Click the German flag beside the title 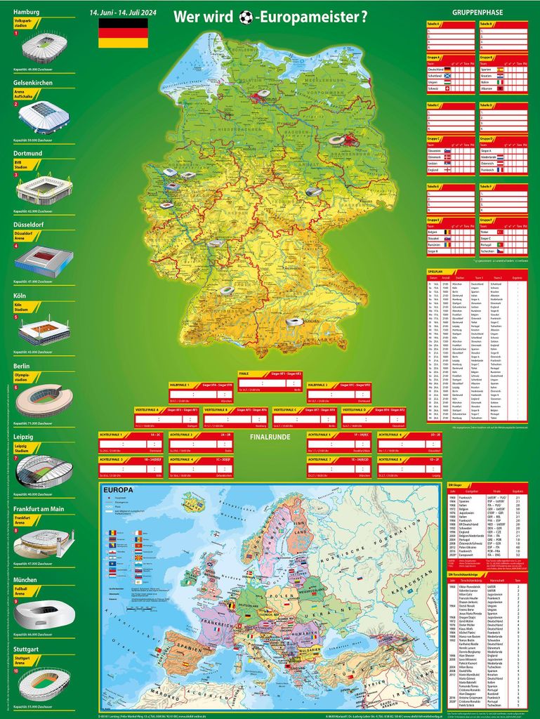point(123,33)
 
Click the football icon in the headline point(246,18)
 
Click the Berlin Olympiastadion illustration point(44,400)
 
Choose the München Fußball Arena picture point(44,614)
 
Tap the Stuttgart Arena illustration point(44,684)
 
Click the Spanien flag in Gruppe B point(500,70)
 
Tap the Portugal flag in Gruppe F point(500,244)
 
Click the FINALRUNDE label point(270,437)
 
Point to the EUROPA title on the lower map point(118,491)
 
